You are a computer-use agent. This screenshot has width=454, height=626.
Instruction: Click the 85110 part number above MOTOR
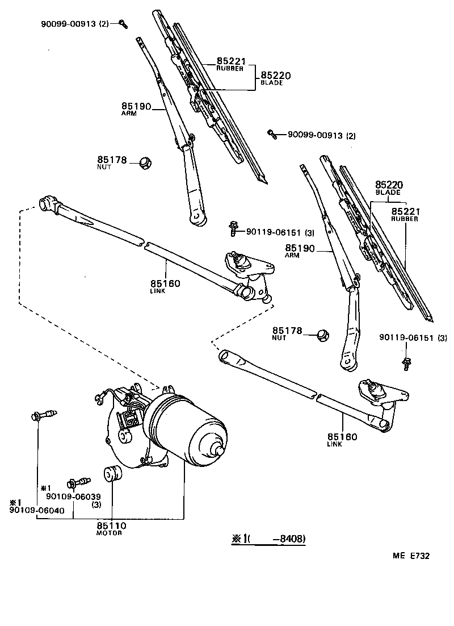pyautogui.click(x=111, y=526)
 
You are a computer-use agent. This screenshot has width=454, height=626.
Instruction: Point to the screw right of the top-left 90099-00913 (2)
pyautogui.click(x=123, y=23)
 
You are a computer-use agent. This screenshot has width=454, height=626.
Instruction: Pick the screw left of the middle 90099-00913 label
pyautogui.click(x=272, y=134)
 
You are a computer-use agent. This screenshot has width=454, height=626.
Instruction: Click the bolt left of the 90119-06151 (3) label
pyautogui.click(x=233, y=229)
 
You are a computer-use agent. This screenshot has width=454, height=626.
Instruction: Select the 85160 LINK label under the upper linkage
pyautogui.click(x=165, y=286)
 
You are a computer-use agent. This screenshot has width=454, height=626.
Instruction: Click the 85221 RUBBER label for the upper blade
pyautogui.click(x=229, y=64)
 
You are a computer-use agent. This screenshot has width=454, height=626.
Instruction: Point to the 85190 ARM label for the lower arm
pyautogui.click(x=300, y=251)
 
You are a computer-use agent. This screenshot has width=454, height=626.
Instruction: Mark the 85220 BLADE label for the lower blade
pyautogui.click(x=388, y=187)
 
